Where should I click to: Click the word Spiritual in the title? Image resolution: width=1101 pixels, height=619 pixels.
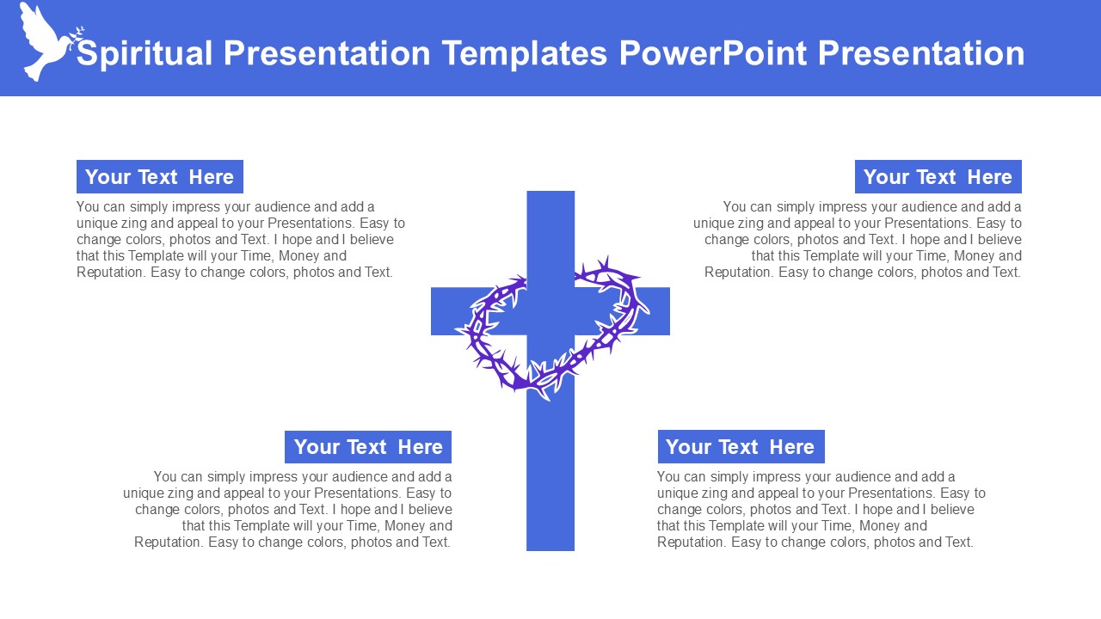coord(145,53)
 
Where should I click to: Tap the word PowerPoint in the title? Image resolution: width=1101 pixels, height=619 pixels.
coord(713,53)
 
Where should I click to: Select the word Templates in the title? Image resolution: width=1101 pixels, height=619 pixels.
coord(525,53)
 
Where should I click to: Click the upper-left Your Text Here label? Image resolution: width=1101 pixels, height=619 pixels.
coord(160,177)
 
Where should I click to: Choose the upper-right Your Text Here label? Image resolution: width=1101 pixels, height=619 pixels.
coord(938,177)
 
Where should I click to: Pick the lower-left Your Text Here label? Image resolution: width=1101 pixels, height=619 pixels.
coord(368,447)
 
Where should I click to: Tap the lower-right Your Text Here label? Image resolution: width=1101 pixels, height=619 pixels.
coord(741,446)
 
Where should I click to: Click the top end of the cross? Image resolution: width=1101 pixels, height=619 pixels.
coord(550,192)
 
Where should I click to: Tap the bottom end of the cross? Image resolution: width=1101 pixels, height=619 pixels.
coord(550,549)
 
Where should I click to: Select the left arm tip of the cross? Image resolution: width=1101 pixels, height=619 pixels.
coord(432,311)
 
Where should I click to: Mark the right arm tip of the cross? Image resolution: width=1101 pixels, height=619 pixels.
coord(669,311)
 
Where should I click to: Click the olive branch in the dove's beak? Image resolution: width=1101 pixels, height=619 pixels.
coord(77,37)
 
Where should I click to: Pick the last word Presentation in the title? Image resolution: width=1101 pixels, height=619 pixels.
coord(921,53)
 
